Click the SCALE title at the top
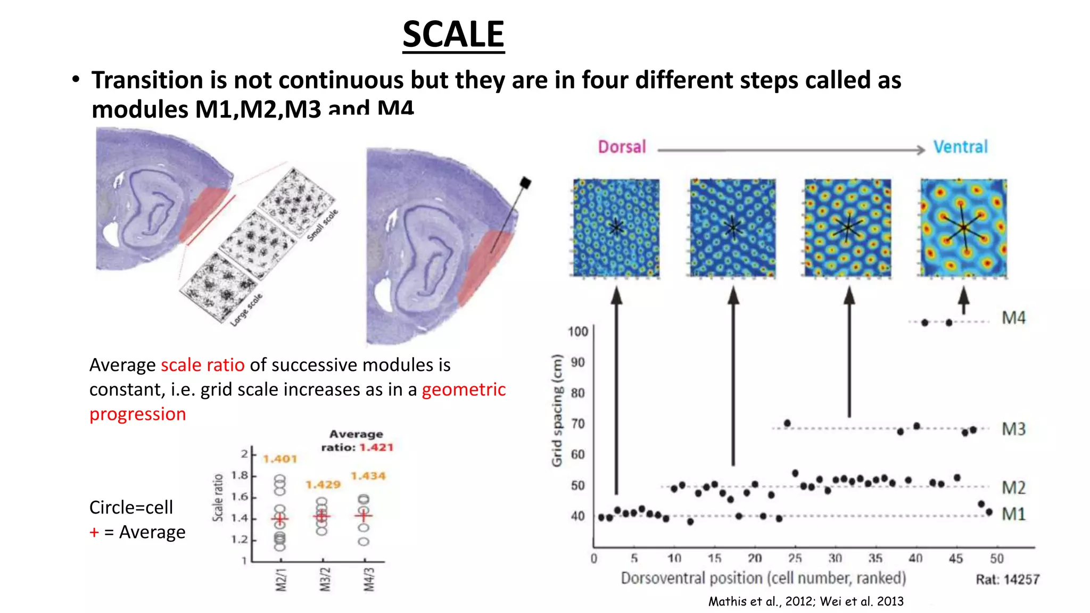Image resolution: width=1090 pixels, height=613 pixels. click(453, 35)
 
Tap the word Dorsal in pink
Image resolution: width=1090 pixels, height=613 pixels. click(622, 147)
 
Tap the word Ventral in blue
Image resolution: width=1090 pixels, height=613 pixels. click(960, 147)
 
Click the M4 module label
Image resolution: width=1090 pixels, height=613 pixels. click(1013, 318)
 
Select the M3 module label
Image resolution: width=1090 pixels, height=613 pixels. click(1013, 429)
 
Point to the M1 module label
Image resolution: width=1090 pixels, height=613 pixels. click(1013, 514)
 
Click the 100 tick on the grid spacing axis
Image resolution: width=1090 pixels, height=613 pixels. click(577, 332)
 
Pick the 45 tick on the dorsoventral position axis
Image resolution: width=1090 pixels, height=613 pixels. click(956, 558)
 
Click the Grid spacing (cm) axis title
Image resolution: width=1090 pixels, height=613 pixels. click(557, 410)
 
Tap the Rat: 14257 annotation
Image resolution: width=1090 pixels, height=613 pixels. click(1007, 579)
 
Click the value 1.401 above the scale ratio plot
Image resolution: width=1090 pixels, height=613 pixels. click(280, 459)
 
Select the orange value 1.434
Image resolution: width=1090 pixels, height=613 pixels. click(368, 476)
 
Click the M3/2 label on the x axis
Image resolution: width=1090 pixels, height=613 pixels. click(325, 579)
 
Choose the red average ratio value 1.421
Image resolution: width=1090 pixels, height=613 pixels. click(376, 448)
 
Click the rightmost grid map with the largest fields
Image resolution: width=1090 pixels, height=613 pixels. click(963, 228)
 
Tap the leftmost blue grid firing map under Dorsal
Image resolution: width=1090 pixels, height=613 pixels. click(616, 228)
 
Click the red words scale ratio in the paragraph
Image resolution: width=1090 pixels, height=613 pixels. click(202, 365)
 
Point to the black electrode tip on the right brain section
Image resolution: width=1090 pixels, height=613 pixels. click(525, 183)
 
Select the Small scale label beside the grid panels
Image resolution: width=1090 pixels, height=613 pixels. click(323, 225)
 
